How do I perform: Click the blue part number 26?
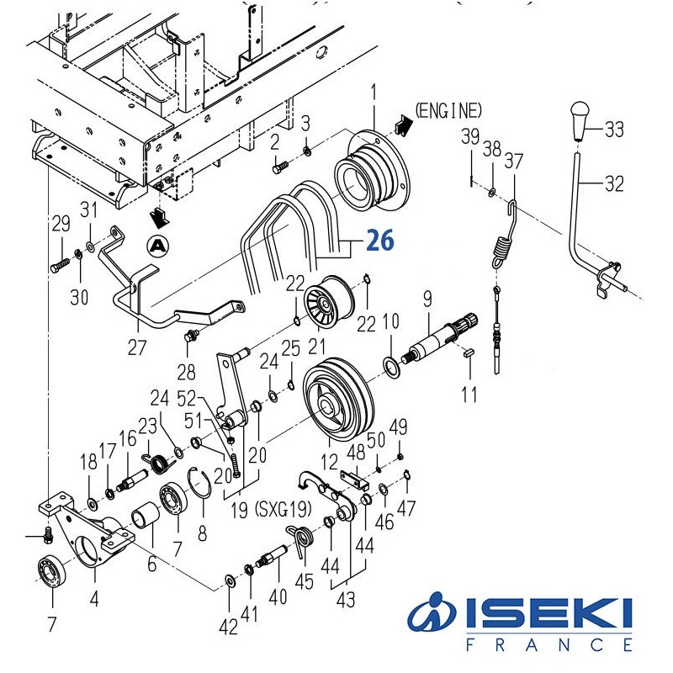[x=379, y=242]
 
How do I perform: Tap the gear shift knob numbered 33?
[x=580, y=119]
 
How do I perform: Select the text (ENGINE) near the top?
[x=449, y=110]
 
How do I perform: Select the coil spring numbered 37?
[x=505, y=244]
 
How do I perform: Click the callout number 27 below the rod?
[x=136, y=347]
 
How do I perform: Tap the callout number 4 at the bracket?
[x=94, y=600]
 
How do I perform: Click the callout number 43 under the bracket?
[x=346, y=600]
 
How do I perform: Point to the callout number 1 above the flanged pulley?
[x=374, y=89]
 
